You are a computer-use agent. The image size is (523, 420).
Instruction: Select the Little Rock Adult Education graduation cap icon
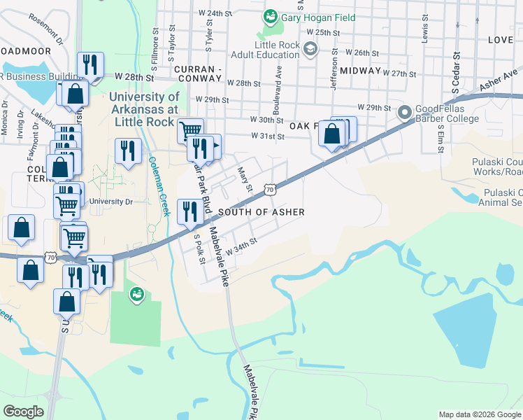coord(310,48)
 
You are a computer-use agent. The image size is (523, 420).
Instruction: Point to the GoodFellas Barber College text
coord(447,113)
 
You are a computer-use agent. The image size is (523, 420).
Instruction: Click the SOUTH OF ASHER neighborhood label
coord(261,212)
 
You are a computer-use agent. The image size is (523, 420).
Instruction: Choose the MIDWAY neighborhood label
coord(361,71)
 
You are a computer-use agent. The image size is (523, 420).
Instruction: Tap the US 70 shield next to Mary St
coord(270,189)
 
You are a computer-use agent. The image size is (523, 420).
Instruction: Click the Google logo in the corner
coord(23,412)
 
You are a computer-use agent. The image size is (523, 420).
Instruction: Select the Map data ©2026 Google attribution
coord(480,414)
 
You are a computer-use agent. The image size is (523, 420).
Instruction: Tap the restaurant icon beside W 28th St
coord(89,65)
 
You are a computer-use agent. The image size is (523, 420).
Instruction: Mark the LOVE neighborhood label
coord(500,40)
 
